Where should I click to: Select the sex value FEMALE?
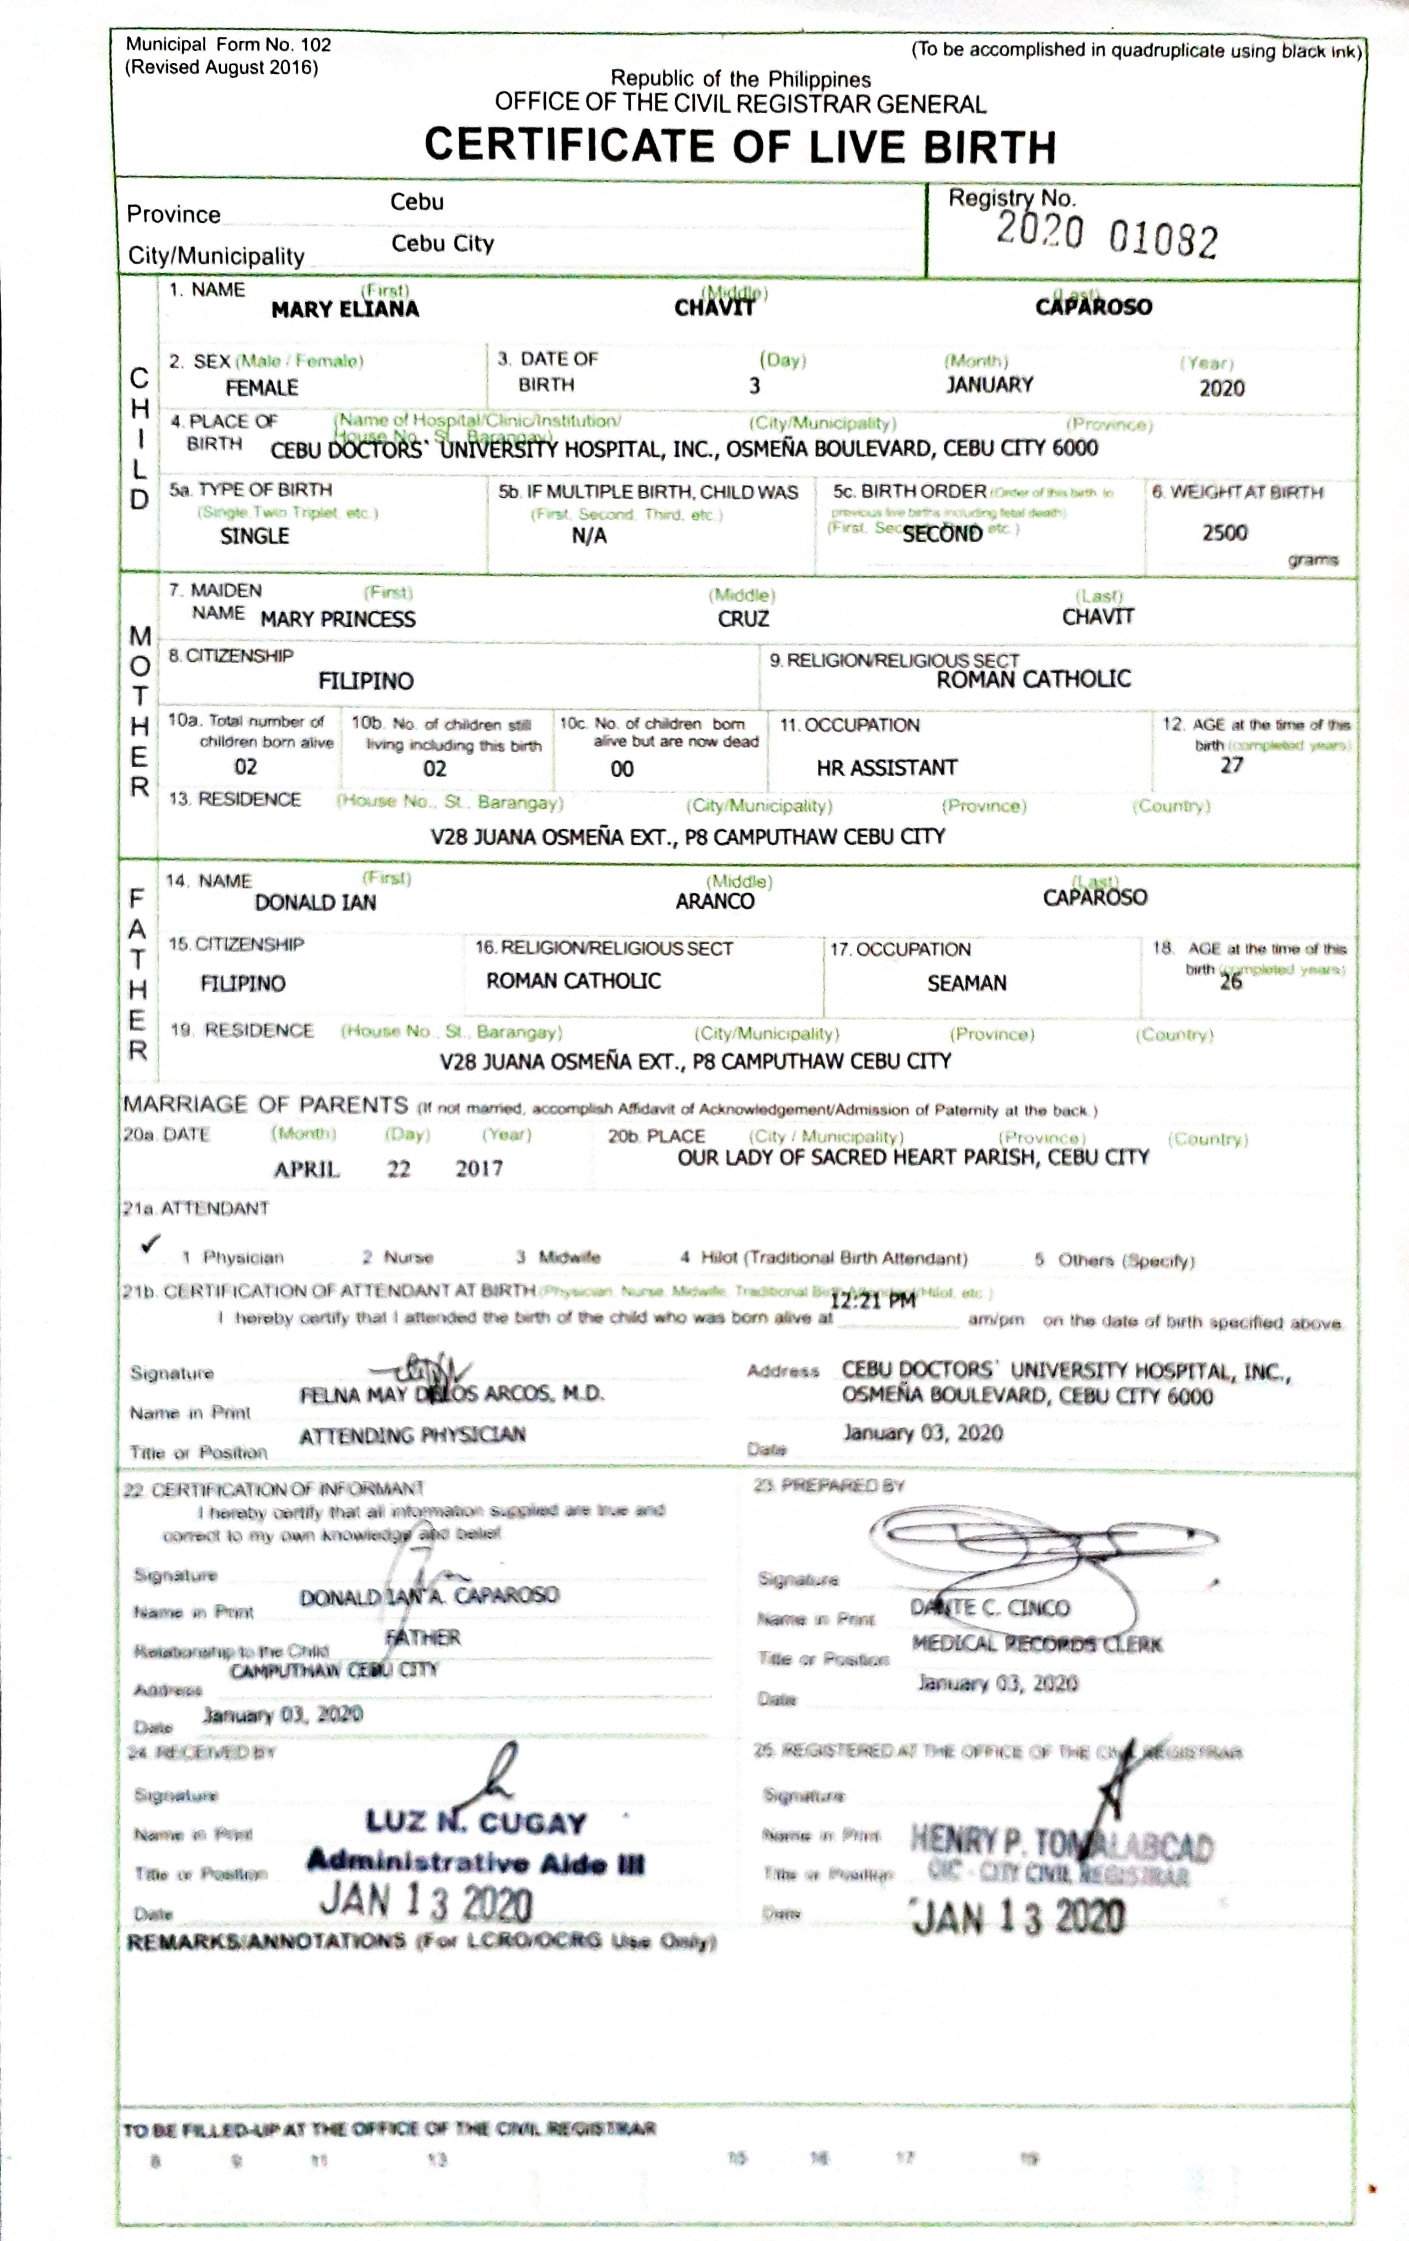[262, 387]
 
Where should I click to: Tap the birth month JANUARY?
[989, 384]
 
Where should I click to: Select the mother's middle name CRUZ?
[743, 619]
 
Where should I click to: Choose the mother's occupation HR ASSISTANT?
[886, 768]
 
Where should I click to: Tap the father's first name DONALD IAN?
[316, 902]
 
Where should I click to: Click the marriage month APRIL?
[306, 1170]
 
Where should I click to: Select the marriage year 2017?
[478, 1169]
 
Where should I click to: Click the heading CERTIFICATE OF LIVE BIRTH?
[740, 146]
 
